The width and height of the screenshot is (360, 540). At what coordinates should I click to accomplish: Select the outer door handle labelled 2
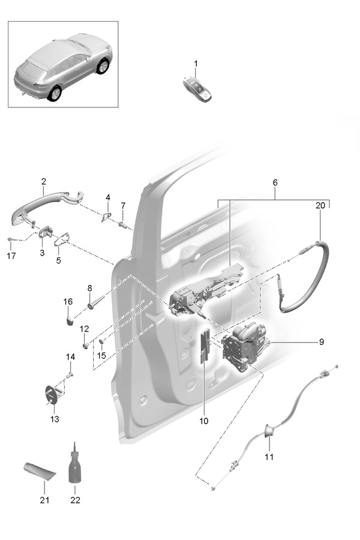[x=42, y=204]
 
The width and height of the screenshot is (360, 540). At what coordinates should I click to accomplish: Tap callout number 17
[x=10, y=255]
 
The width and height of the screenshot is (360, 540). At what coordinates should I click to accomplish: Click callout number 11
[x=269, y=457]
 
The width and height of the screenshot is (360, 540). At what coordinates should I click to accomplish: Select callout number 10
[x=203, y=421]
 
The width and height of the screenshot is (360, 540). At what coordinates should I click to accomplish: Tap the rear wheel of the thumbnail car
[x=55, y=93]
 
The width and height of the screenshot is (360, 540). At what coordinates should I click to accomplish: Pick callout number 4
[x=108, y=197]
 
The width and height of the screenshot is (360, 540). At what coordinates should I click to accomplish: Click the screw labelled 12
[x=87, y=345]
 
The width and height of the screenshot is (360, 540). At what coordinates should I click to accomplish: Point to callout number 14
[x=70, y=357]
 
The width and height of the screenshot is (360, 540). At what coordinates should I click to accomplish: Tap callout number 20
[x=320, y=205]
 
